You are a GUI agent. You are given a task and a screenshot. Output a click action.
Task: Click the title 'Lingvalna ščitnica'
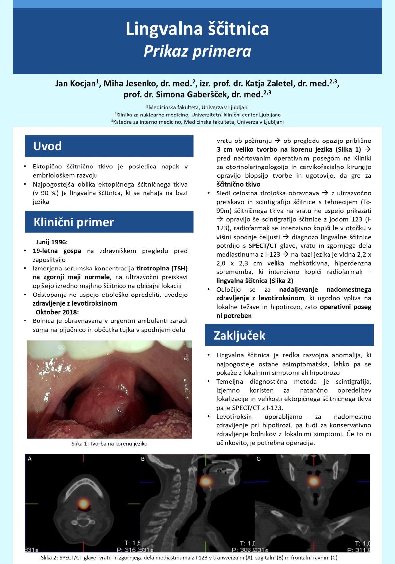click(197, 29)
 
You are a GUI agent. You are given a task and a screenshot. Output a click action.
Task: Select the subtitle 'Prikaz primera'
click(197, 51)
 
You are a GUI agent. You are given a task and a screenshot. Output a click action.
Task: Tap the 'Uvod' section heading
click(47, 146)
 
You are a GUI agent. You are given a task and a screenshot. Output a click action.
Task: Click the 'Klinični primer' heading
click(73, 222)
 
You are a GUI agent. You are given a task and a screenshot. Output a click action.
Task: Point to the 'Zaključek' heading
click(239, 335)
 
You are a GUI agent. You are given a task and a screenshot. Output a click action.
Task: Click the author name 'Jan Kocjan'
click(75, 84)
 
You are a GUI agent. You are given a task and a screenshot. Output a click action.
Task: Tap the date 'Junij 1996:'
click(52, 242)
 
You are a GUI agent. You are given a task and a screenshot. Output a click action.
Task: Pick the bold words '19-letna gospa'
click(57, 251)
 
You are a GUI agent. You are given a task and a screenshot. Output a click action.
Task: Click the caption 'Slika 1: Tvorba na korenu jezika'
click(109, 444)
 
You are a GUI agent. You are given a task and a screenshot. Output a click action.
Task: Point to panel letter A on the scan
click(30, 459)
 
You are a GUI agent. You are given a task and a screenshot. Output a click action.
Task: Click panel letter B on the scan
click(143, 459)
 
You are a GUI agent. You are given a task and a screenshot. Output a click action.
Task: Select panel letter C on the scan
click(258, 459)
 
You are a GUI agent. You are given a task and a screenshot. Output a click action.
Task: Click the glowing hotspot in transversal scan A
click(83, 503)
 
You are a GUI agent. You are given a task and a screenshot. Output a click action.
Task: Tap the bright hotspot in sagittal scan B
click(206, 481)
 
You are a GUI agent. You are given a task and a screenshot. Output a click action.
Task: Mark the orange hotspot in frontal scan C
click(314, 481)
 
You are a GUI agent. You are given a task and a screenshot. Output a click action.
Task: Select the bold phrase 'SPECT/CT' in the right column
click(263, 246)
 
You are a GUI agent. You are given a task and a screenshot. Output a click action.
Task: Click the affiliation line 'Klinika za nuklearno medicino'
click(197, 115)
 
